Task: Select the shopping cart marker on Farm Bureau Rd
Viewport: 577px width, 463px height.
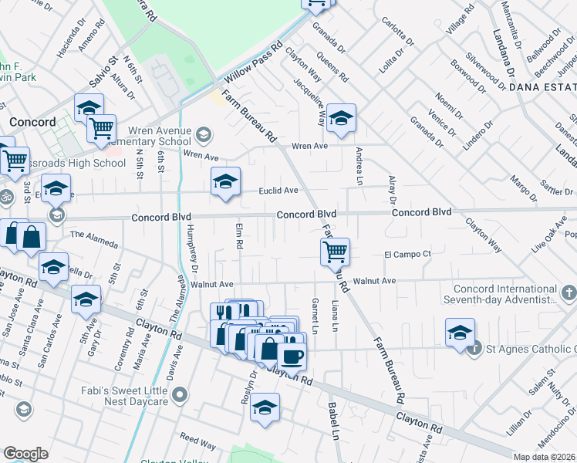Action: click(336, 252)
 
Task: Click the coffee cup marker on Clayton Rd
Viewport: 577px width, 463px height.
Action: click(292, 357)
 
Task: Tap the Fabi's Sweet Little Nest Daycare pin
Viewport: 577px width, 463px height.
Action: click(180, 396)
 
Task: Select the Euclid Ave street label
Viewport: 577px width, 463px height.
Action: click(278, 191)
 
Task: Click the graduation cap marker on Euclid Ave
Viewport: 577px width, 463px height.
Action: click(224, 183)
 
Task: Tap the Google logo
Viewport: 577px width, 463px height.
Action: click(26, 454)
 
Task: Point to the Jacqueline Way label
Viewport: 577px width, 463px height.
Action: click(322, 103)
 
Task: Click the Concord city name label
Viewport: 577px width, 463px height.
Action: click(32, 123)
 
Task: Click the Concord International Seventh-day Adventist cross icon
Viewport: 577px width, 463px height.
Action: click(568, 293)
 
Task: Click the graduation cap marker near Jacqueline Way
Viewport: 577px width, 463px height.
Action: click(340, 119)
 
